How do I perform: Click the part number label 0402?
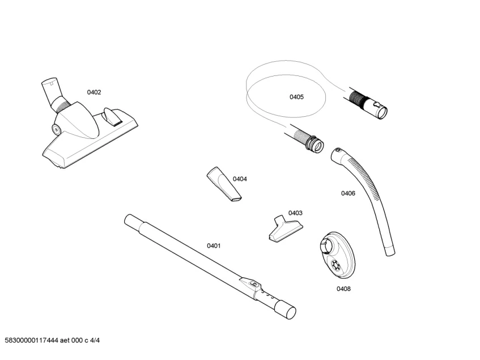[94, 92]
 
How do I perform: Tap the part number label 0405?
[296, 97]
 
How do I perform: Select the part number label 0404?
[240, 179]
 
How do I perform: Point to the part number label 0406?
[348, 193]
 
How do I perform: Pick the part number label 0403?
[295, 213]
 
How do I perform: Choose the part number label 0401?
[214, 245]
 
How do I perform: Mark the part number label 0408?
[343, 289]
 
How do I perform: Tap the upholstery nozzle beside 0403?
[283, 229]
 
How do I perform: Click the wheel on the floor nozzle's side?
[57, 129]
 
